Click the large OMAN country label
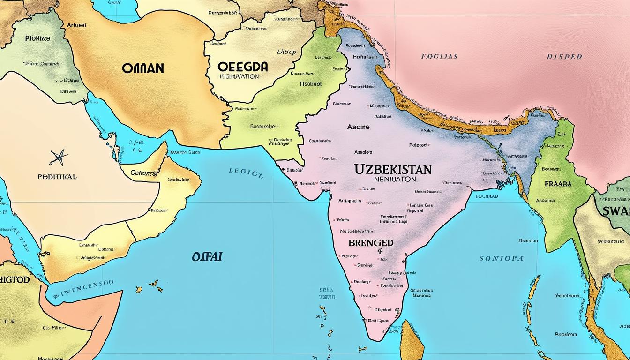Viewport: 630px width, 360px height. [x=143, y=68]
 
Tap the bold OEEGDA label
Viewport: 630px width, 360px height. [x=243, y=67]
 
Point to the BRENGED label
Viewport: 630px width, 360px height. [x=370, y=243]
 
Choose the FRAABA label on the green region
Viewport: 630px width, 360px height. [x=558, y=184]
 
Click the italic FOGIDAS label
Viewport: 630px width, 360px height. [x=439, y=57]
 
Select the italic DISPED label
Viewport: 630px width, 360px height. [x=564, y=57]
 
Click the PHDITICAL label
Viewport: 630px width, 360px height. [x=57, y=177]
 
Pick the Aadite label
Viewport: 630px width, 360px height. [x=358, y=127]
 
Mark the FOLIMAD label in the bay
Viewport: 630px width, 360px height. [x=487, y=196]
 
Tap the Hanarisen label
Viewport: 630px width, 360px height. [x=361, y=57]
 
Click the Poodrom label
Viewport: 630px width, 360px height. [x=565, y=335]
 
